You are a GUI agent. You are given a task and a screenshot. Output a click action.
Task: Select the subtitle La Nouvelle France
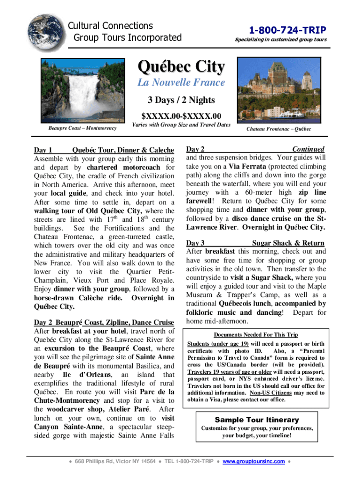pyautogui.click(x=180, y=83)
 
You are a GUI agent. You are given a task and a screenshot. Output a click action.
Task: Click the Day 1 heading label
pyautogui.click(x=43, y=150)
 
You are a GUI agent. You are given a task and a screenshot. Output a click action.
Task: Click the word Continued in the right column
pyautogui.click(x=308, y=149)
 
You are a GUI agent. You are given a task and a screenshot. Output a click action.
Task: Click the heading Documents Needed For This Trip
pyautogui.click(x=255, y=335)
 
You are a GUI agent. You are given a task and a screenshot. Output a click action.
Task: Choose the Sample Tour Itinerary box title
pyautogui.click(x=256, y=420)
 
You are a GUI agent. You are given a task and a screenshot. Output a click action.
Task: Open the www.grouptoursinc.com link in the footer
pyautogui.click(x=254, y=462)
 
